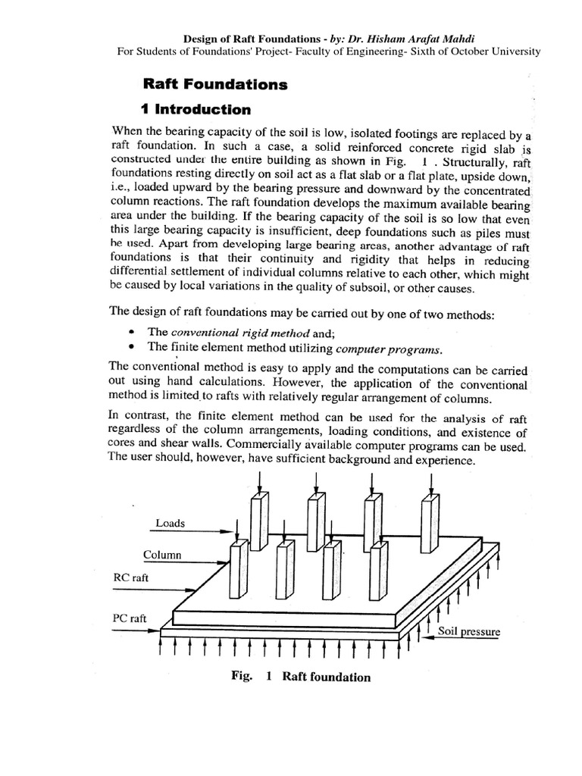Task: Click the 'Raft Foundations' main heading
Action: [x=215, y=84]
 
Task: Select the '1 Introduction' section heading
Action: [x=196, y=109]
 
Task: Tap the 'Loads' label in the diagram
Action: [x=170, y=523]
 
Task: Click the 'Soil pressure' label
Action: [x=468, y=630]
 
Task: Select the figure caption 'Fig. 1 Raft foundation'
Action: [x=301, y=677]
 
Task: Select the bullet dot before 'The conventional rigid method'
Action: [x=133, y=332]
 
